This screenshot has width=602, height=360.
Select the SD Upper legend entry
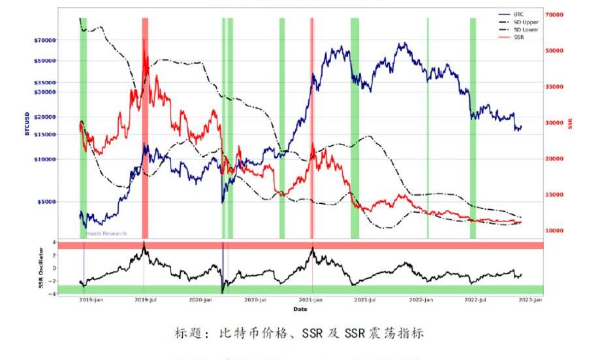(x=526, y=22)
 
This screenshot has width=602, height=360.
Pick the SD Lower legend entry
(x=526, y=29)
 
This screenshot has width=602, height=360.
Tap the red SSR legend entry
(x=518, y=37)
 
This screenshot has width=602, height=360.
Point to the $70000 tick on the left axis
(x=44, y=41)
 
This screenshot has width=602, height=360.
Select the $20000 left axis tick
(x=44, y=117)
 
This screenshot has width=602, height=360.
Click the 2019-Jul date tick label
(x=144, y=301)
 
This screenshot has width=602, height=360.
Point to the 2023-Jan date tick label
(x=529, y=301)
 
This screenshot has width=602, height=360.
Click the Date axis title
(x=300, y=308)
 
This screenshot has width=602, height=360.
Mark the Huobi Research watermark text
(x=106, y=233)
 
